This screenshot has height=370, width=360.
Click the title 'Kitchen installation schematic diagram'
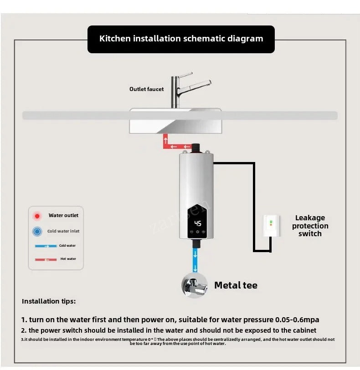pyautogui.click(x=181, y=39)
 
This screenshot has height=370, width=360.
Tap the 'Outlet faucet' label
pyautogui.click(x=146, y=89)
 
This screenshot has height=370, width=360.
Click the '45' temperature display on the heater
pyautogui.click(x=198, y=223)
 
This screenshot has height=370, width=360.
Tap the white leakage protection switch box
pyautogui.click(x=270, y=227)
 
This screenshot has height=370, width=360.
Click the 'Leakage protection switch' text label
pyautogui.click(x=310, y=226)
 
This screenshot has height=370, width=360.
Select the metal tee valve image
pyautogui.click(x=195, y=285)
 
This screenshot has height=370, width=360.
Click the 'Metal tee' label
pyautogui.click(x=236, y=285)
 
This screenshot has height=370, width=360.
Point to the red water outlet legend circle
pyautogui.click(x=37, y=216)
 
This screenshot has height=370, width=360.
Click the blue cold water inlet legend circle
pyautogui.click(x=37, y=231)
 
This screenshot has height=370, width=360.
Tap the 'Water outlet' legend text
pyautogui.click(x=63, y=216)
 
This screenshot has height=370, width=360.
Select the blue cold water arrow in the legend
pyautogui.click(x=45, y=246)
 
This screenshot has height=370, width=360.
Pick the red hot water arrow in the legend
pyautogui.click(x=45, y=259)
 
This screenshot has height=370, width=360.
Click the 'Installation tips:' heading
pyautogui.click(x=49, y=301)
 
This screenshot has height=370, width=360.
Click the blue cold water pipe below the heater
pyautogui.click(x=195, y=260)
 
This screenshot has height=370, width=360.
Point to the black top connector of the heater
pyautogui.click(x=196, y=147)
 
